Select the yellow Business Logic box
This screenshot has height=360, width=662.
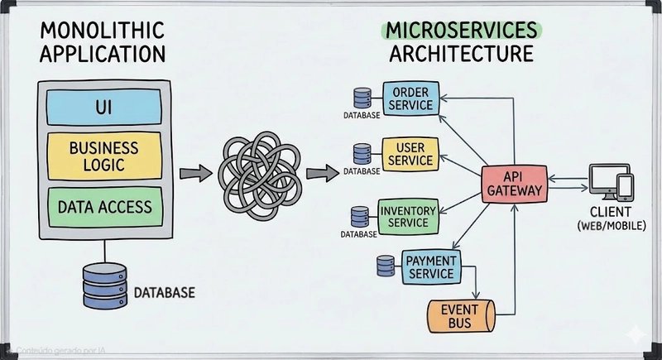point(104,156)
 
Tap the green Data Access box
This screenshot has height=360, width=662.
point(104,207)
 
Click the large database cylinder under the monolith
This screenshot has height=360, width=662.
point(105,286)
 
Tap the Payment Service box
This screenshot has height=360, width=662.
point(429,266)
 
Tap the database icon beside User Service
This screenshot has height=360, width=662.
point(362,154)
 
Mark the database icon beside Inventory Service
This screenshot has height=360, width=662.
point(359,216)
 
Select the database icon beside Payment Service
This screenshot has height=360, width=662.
point(385,266)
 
